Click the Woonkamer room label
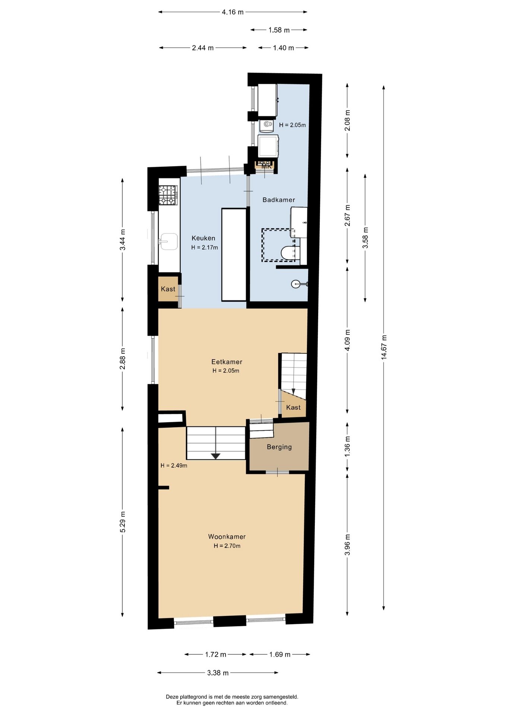(x=227, y=537)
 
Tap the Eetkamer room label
(x=227, y=362)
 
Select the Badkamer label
(x=279, y=200)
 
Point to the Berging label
(x=279, y=447)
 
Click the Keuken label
(x=203, y=238)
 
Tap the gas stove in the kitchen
(x=168, y=195)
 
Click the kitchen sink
(x=168, y=242)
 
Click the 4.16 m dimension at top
(x=233, y=12)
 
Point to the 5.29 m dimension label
(x=123, y=522)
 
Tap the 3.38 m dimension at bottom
(x=218, y=673)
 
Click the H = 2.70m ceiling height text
(x=227, y=546)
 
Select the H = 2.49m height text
(x=174, y=465)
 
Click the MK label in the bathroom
(x=266, y=166)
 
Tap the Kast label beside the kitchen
(x=168, y=289)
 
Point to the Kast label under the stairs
(x=293, y=407)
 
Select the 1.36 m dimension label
(x=347, y=447)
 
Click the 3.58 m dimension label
(x=365, y=238)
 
